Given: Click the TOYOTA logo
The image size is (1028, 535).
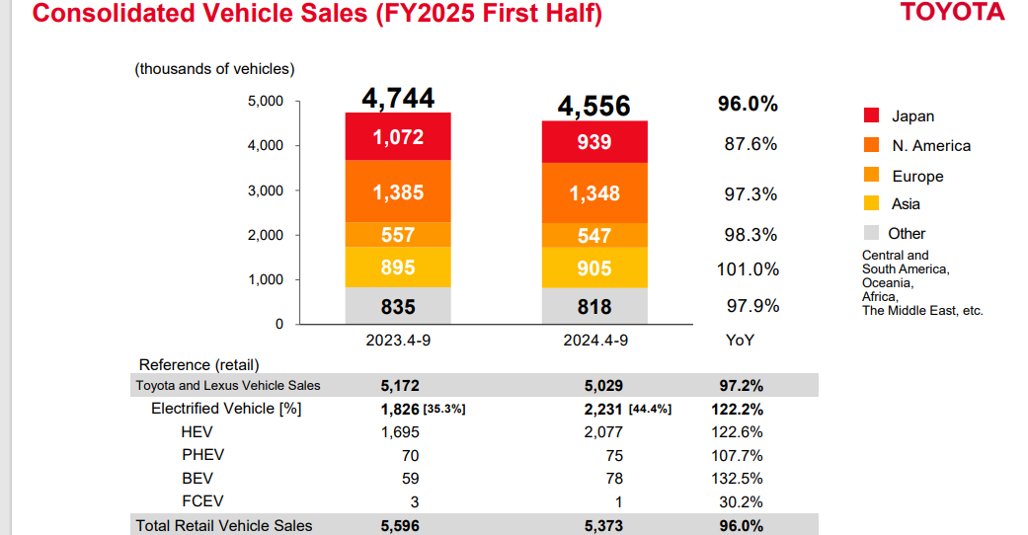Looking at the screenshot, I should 952,12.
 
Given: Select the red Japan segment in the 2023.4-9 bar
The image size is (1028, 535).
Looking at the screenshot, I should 398,137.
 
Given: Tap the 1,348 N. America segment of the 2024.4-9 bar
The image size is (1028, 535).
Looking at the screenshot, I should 594,193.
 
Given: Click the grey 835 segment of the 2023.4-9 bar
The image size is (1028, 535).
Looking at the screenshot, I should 398,306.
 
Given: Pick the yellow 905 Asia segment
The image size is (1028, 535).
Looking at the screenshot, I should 594,268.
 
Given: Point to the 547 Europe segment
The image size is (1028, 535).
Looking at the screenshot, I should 594,235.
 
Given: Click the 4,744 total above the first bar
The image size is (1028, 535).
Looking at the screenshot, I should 398,98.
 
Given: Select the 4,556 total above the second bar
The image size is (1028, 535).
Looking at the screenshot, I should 593,106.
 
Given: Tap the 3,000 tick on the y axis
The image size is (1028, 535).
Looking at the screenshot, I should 264,191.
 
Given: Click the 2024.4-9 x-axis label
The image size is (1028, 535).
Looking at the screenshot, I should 594,340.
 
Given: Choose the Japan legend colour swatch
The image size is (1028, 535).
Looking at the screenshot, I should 871,115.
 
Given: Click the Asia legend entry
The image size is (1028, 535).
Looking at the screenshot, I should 906,204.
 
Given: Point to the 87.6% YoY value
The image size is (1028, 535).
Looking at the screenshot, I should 751,144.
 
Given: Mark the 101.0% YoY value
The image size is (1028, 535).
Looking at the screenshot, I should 748,268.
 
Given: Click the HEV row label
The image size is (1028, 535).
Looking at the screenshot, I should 197,432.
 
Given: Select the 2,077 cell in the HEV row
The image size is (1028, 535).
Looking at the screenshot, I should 603,432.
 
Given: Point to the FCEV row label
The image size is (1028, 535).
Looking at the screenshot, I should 201,501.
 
